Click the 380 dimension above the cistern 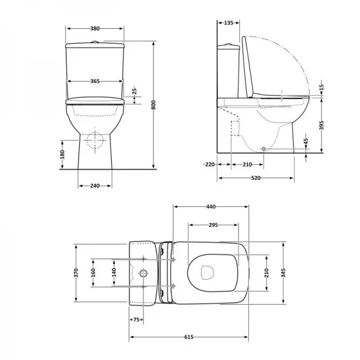click(x=95, y=28)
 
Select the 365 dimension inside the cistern click(x=95, y=81)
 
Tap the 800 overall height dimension click(x=154, y=105)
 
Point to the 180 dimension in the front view click(x=62, y=154)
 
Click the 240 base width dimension click(x=95, y=186)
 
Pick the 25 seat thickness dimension click(x=134, y=91)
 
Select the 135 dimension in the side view click(x=229, y=23)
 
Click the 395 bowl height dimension click(x=322, y=125)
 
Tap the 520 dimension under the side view click(x=256, y=178)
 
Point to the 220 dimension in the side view click(x=209, y=164)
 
